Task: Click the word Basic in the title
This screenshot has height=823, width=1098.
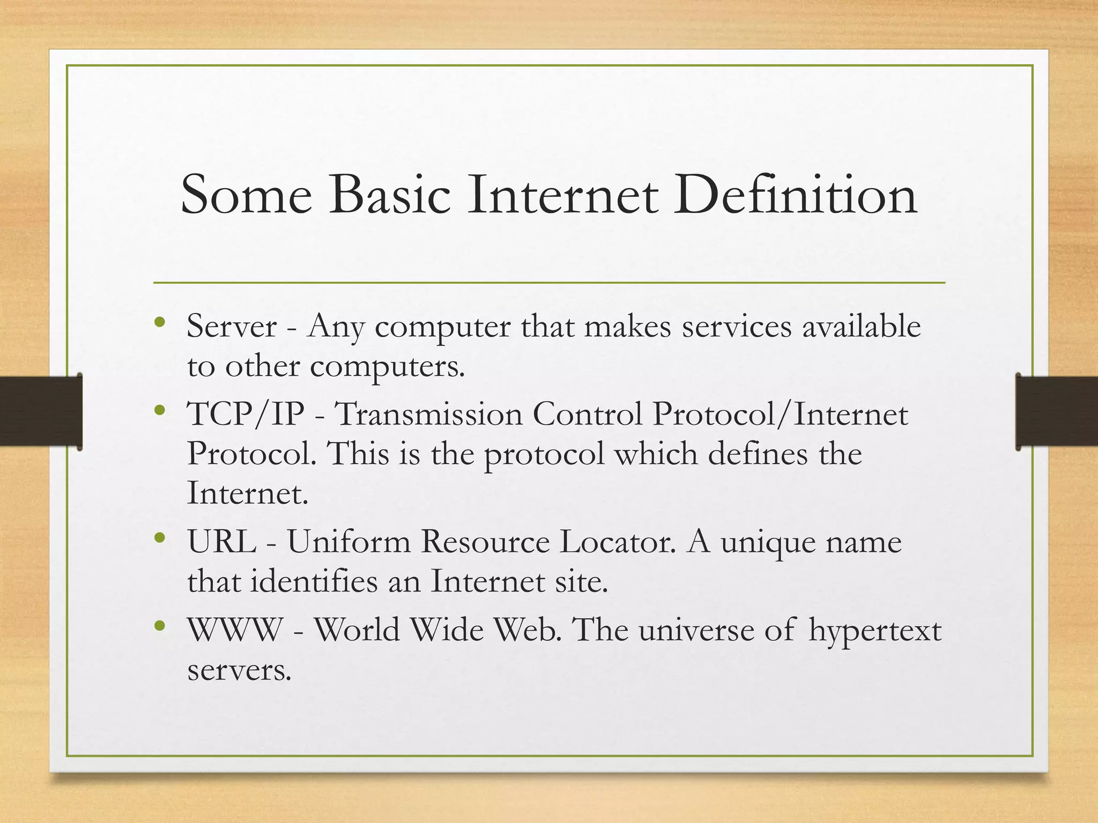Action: [389, 195]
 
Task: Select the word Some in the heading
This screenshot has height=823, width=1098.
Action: [246, 195]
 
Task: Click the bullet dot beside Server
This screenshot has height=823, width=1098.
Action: [159, 323]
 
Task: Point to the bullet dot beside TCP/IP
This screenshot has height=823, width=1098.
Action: [159, 411]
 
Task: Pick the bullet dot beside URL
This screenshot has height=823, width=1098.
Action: [159, 537]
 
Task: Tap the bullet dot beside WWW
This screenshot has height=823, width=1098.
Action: [159, 625]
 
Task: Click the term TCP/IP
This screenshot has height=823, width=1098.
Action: [246, 414]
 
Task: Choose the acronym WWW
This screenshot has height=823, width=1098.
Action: [235, 630]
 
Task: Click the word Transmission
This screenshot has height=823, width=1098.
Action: [428, 414]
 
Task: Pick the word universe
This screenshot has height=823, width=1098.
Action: [696, 630]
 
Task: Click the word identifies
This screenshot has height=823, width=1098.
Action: [314, 581]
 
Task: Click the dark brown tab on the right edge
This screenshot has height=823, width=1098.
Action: [1057, 411]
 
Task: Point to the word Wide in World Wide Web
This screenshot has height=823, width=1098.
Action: [447, 630]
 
